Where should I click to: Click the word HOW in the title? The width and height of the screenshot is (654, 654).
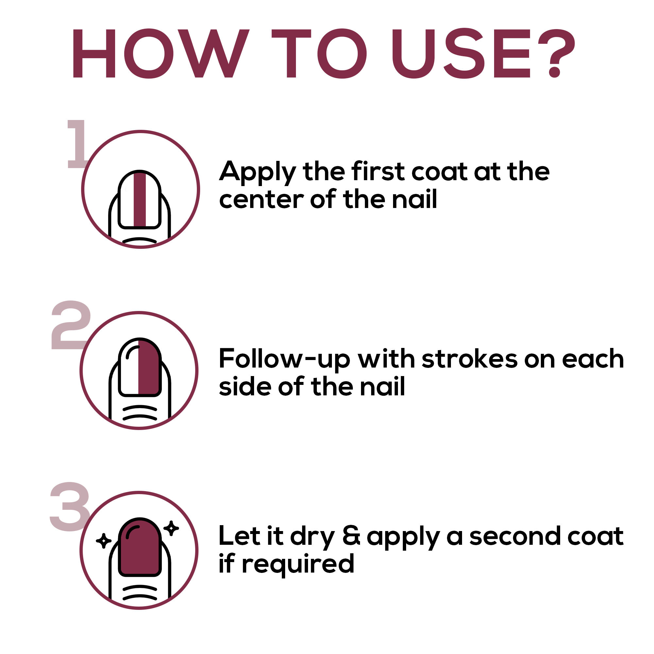click(x=161, y=54)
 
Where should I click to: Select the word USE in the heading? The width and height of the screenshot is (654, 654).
click(x=461, y=54)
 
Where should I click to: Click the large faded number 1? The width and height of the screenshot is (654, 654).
click(x=77, y=144)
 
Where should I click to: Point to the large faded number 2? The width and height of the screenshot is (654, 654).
click(x=71, y=325)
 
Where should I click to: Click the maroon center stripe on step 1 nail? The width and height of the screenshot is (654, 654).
click(x=140, y=199)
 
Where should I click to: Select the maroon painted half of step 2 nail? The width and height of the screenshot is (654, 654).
click(x=148, y=368)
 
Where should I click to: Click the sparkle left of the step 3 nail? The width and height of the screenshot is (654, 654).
click(x=104, y=541)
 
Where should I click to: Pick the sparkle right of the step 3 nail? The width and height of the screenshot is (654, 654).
click(x=171, y=528)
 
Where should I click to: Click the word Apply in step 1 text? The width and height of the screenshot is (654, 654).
click(x=258, y=172)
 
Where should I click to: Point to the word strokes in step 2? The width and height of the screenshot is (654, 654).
click(x=470, y=359)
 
